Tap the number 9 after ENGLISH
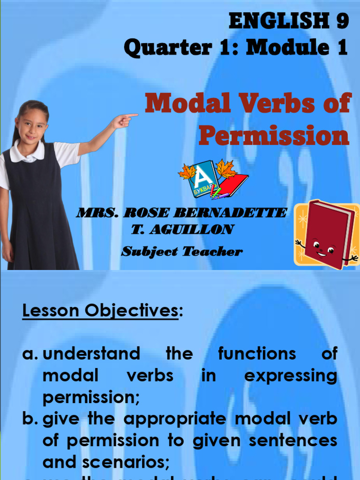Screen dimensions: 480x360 tap(341, 21)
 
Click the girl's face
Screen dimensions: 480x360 tap(32, 126)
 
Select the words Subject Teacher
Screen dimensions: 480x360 tap(182, 252)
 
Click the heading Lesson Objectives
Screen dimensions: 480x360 tap(100, 311)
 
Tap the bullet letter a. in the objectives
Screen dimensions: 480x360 tap(30, 354)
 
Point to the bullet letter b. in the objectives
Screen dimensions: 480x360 tap(30, 419)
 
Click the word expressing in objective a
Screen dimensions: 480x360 tap(290, 376)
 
